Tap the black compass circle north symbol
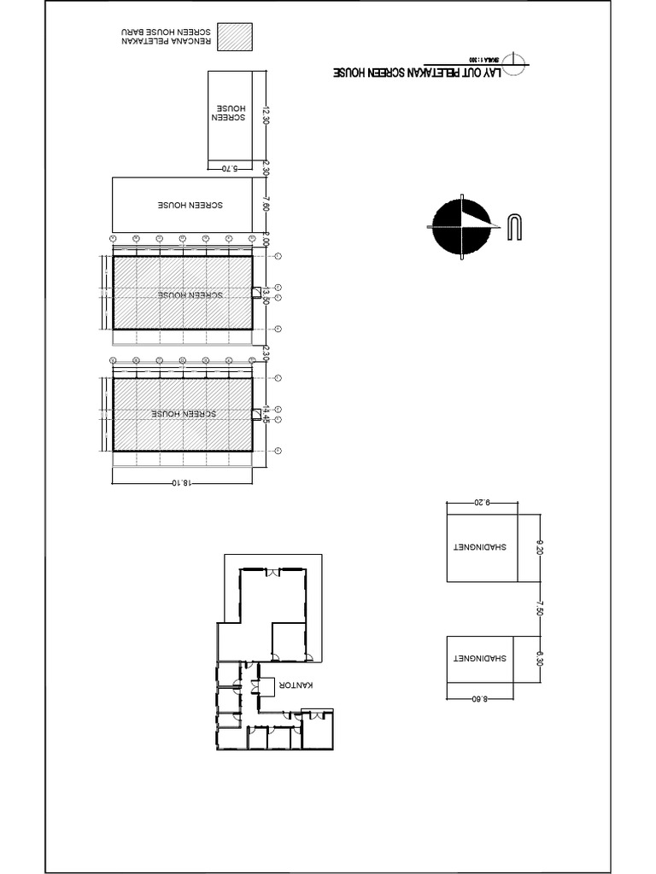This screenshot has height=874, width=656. (461, 225)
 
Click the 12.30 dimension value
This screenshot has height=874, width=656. (266, 115)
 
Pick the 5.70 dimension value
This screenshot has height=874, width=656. (230, 169)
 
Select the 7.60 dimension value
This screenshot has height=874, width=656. (266, 206)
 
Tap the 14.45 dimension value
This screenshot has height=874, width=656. (266, 415)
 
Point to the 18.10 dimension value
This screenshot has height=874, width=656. (181, 482)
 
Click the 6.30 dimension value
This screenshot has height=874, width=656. (539, 659)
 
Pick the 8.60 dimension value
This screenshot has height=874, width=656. (479, 698)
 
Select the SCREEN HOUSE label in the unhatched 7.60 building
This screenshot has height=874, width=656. (190, 206)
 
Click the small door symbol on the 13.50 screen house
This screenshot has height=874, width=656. (255, 293)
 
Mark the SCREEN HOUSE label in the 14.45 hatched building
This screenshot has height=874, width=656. (183, 414)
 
